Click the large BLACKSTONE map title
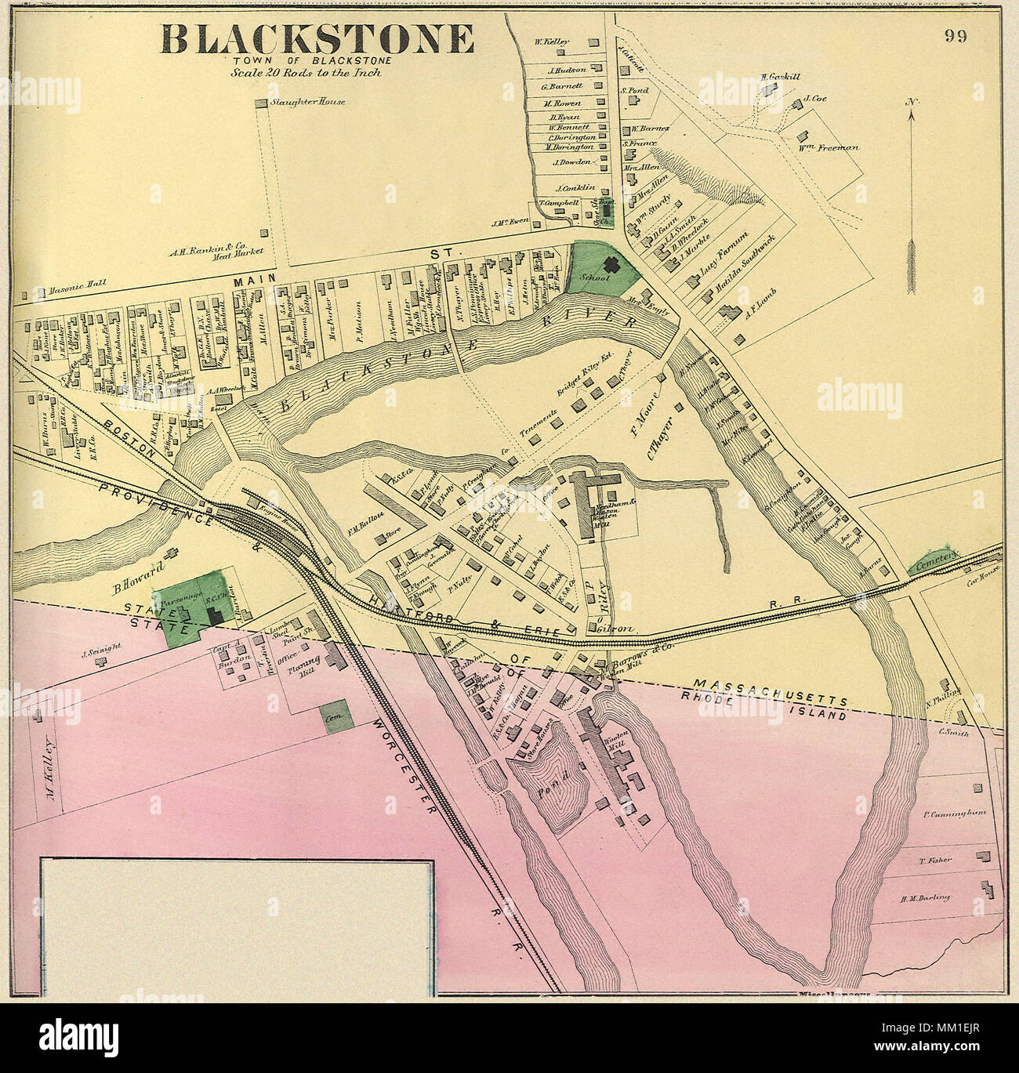pos(317,38)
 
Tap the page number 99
pos(955,36)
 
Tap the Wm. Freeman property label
pos(831,147)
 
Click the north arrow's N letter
pos(911,102)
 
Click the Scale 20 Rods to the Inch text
pos(306,72)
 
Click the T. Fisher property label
pos(935,860)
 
